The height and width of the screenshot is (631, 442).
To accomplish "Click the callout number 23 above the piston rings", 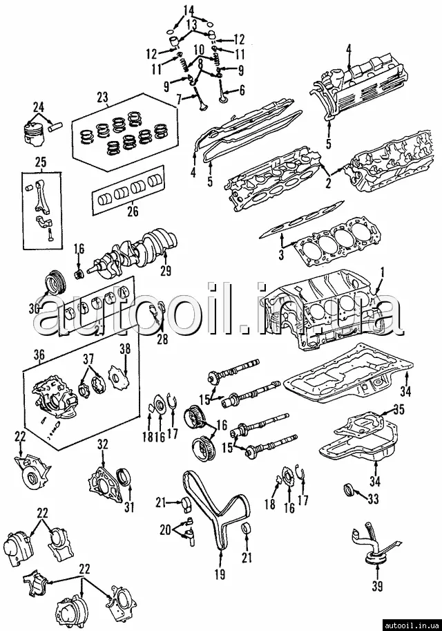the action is tap(102, 97).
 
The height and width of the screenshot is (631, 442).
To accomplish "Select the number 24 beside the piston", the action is tap(38, 107).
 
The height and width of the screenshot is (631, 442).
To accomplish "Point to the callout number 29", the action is tap(166, 270).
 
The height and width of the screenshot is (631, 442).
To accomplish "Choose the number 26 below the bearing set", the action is tap(133, 211).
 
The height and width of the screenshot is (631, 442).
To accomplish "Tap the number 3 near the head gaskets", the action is tap(282, 254).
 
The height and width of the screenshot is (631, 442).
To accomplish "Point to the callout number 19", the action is tap(220, 574).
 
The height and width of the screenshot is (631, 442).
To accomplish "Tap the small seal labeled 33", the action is tap(348, 491).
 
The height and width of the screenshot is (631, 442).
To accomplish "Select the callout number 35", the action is tap(399, 409).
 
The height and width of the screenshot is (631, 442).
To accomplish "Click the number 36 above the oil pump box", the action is tap(39, 355).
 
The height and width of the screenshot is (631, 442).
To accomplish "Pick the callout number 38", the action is tap(126, 349).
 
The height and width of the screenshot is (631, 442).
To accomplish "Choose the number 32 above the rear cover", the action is tap(103, 444).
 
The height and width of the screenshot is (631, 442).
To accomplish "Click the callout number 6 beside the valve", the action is tap(242, 91).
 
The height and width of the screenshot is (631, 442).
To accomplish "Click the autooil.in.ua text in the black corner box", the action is tap(412, 625).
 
